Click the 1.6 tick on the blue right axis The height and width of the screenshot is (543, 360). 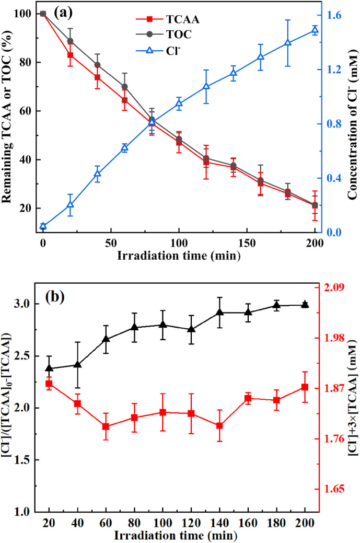point(334,15)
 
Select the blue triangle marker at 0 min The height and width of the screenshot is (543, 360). point(43,226)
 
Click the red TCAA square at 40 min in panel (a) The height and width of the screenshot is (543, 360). point(97,77)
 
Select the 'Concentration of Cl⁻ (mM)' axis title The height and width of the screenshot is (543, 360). point(353,123)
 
